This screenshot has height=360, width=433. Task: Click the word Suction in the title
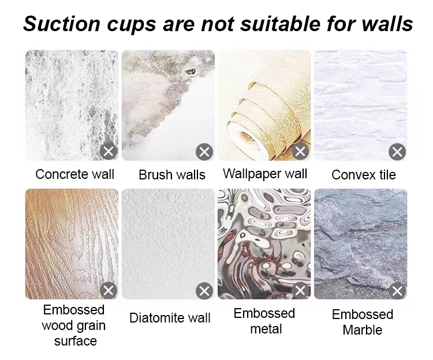[x=61, y=24]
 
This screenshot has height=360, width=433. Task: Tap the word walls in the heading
[x=387, y=24]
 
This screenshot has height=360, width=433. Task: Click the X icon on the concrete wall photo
[x=109, y=152]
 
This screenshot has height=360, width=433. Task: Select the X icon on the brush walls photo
[x=204, y=152]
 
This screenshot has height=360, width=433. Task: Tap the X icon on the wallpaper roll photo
[x=300, y=152]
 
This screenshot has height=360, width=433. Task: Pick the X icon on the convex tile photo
[x=397, y=152]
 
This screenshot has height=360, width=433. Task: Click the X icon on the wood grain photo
[x=109, y=291]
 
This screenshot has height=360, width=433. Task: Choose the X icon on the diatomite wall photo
[x=204, y=291]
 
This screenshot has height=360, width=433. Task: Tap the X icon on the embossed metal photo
[x=300, y=291]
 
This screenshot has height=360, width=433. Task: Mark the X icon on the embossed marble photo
[x=397, y=291]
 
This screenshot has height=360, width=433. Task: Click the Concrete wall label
[x=74, y=174]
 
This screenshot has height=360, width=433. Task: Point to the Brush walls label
[x=172, y=175]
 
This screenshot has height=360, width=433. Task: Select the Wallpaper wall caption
[x=265, y=174]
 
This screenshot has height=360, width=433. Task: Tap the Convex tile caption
[x=364, y=175]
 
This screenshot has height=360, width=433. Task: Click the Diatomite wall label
[x=170, y=318]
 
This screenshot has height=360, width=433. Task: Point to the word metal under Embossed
[x=266, y=329]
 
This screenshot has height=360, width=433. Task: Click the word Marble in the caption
[x=363, y=330]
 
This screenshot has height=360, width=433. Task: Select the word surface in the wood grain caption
[x=76, y=341]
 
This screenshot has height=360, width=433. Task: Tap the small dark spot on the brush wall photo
[x=191, y=72]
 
